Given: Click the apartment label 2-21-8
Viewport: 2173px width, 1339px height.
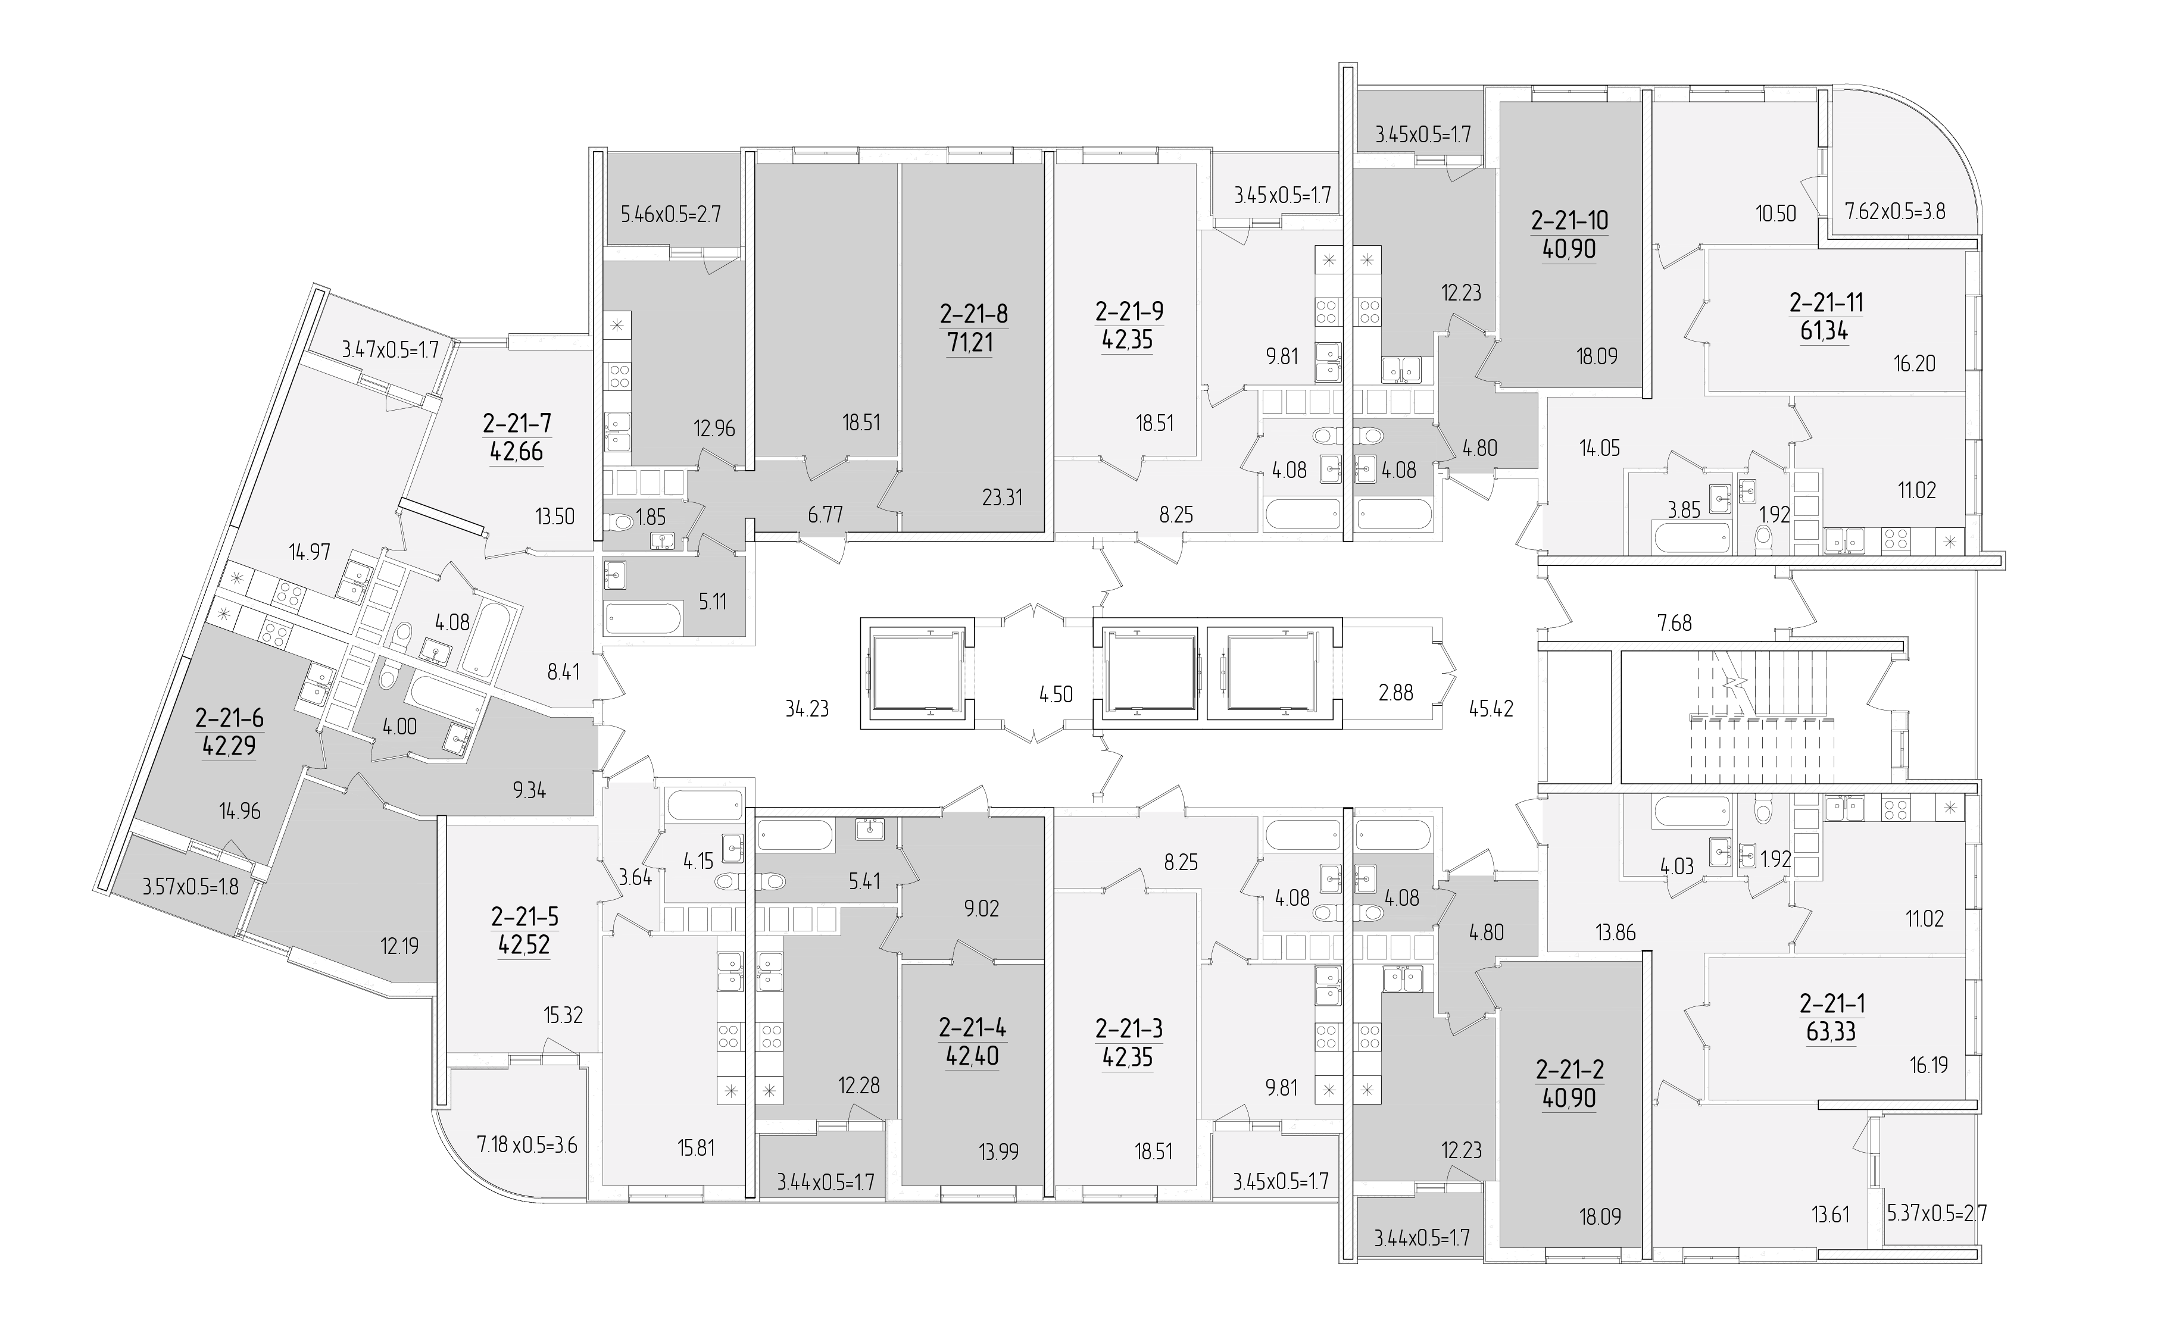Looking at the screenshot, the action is click(973, 314).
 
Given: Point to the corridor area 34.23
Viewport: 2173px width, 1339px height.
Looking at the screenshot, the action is click(807, 708).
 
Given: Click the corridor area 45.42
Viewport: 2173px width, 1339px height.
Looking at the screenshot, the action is click(1491, 708).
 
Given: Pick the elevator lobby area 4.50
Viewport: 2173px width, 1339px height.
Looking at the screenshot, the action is click(1056, 694).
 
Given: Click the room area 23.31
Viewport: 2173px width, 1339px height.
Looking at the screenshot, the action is click(1002, 498).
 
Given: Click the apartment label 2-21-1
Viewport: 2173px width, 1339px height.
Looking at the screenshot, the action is click(1832, 1003).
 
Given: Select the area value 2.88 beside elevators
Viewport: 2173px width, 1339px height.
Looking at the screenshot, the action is click(1395, 693).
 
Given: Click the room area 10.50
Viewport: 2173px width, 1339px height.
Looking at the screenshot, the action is click(1775, 214).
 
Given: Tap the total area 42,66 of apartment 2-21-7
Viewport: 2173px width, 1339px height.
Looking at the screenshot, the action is click(516, 452).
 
